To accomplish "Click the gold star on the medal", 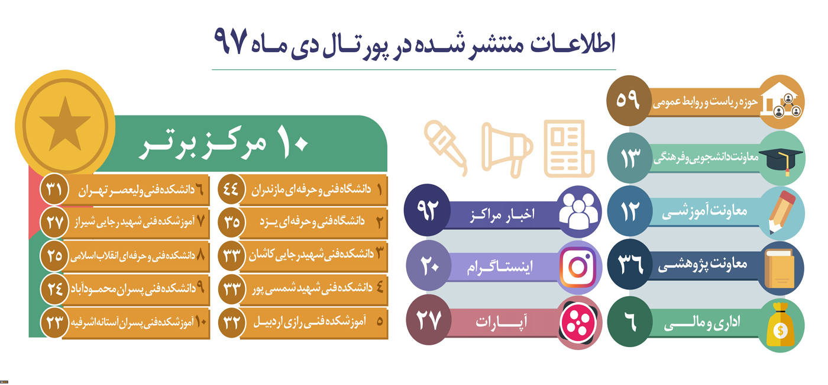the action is point(65,124).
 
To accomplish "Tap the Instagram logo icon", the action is point(578,267).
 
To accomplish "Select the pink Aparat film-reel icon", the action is point(578,322).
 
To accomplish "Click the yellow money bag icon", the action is point(780,325).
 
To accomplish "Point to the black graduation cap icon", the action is point(780,159).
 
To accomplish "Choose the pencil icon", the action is point(781,213).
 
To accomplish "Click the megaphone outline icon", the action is point(507,149).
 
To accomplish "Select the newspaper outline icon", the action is point(569,149).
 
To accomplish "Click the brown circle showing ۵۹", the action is point(629,101).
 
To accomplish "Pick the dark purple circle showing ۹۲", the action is point(427,210).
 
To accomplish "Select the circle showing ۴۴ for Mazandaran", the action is point(231,189).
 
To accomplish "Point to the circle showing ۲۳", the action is point(54,322).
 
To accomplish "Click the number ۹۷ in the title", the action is point(230,41).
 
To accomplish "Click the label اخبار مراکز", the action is point(502,214).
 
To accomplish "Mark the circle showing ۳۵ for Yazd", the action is point(231,222).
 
